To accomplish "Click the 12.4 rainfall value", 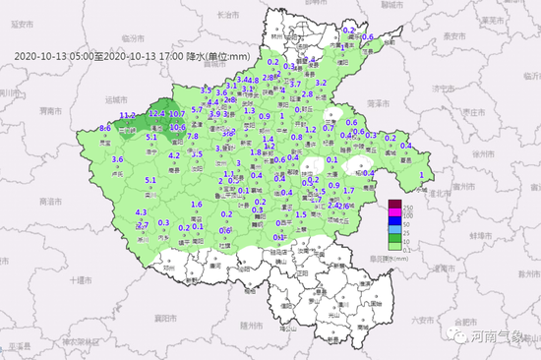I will coord(155,114).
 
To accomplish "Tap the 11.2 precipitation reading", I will coord(127,115).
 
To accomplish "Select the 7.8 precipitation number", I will coord(193,137).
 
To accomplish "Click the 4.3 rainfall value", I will coord(141,211).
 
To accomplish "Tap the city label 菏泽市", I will coord(375,103).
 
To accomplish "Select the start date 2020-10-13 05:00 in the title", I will coord(54,55).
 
